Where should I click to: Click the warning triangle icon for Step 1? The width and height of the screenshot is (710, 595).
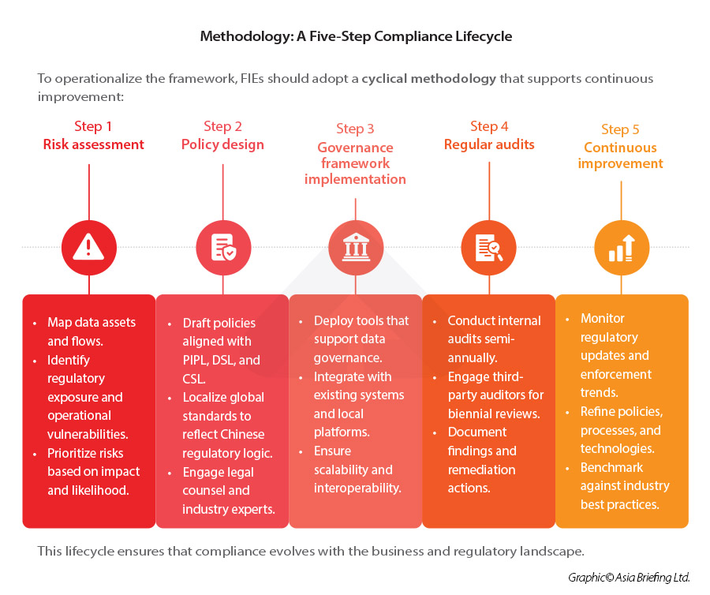coord(88,247)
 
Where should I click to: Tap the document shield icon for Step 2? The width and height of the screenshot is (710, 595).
coord(223,247)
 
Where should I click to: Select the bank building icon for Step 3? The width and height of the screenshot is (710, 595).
coord(356,247)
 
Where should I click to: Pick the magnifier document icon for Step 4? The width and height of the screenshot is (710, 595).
coord(489,247)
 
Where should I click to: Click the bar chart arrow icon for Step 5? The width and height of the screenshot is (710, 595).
coord(622,247)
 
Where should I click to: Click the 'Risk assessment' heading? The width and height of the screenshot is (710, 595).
coord(93,144)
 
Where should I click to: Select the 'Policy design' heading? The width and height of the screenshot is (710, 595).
coord(222,144)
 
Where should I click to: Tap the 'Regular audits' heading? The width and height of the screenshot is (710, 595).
coord(489,144)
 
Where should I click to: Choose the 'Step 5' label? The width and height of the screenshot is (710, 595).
coord(620,129)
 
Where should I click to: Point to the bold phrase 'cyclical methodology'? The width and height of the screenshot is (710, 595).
coord(429,79)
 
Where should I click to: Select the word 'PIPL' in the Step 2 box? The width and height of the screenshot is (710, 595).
coord(197,360)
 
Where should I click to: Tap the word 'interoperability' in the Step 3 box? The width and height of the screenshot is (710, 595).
coord(357,488)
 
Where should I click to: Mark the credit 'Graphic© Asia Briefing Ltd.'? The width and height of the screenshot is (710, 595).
coord(629,578)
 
